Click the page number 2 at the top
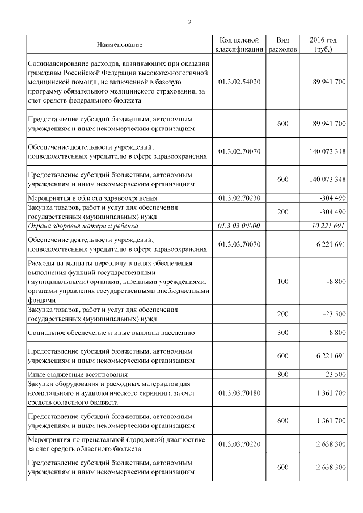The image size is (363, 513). click(x=189, y=23)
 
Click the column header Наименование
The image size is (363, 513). click(x=119, y=44)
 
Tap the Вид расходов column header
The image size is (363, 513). click(x=282, y=45)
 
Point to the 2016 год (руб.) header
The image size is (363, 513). click(x=323, y=45)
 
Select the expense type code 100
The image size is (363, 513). click(x=282, y=282)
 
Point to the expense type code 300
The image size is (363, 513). click(x=282, y=333)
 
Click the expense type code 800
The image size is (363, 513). click(x=282, y=375)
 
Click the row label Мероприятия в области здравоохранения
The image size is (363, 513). click(x=92, y=198)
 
